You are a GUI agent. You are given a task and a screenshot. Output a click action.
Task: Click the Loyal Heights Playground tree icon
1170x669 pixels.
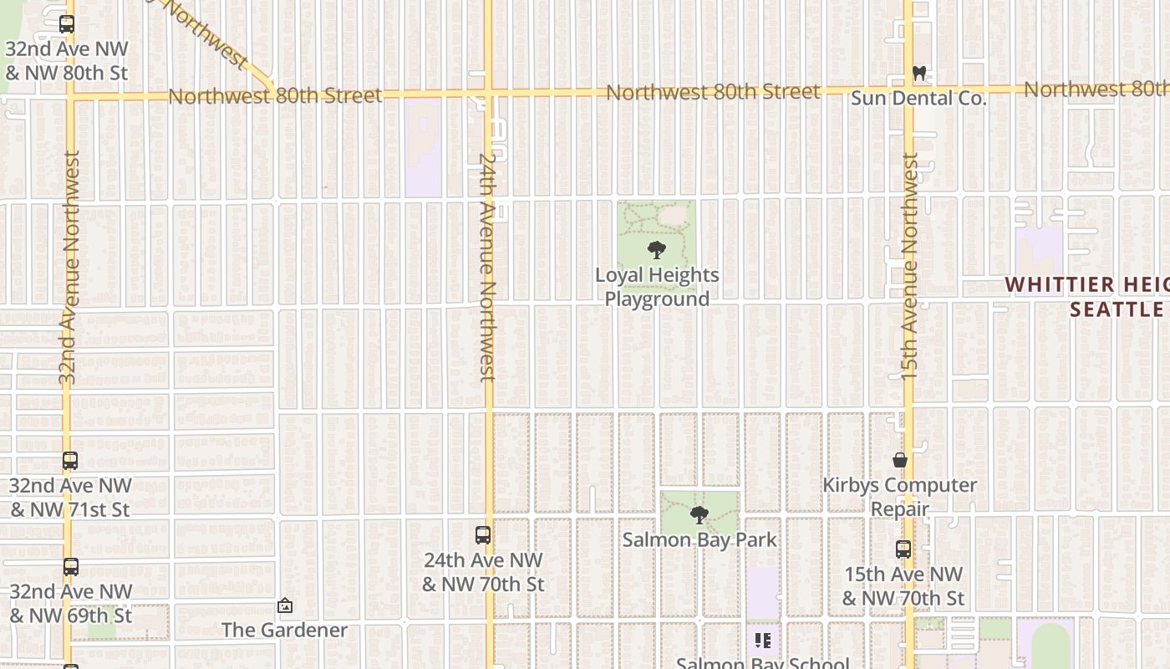click(x=657, y=249)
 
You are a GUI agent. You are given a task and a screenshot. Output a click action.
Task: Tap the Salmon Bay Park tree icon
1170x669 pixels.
click(x=699, y=515)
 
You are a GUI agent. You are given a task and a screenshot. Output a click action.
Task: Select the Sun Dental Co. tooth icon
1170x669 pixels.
click(x=919, y=74)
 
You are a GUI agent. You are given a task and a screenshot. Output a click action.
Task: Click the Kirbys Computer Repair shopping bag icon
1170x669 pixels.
click(x=900, y=460)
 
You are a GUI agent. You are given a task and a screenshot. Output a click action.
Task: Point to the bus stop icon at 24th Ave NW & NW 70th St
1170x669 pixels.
click(x=482, y=535)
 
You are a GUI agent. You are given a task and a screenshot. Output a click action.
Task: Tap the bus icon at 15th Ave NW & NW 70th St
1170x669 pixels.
click(x=903, y=549)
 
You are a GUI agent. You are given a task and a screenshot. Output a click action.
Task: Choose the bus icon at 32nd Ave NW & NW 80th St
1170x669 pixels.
click(x=67, y=25)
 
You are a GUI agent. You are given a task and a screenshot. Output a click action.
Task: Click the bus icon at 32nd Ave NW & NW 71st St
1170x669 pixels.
click(x=70, y=461)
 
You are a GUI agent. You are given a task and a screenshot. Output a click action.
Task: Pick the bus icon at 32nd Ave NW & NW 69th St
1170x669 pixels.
click(x=71, y=567)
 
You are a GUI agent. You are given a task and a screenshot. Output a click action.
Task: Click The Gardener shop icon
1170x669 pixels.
click(x=285, y=605)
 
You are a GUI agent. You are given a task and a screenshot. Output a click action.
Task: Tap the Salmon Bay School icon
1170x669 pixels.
click(x=762, y=641)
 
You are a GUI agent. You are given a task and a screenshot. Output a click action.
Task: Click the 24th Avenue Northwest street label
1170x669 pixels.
click(x=487, y=266)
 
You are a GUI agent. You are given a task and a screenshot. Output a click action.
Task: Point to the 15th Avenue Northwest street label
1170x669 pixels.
click(x=909, y=266)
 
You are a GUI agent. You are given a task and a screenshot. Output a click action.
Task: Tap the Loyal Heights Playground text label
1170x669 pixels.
click(x=657, y=287)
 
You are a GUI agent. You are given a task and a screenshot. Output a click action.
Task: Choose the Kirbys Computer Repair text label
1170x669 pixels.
click(x=900, y=497)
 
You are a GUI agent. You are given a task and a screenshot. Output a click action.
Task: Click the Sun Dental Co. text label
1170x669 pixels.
click(x=918, y=99)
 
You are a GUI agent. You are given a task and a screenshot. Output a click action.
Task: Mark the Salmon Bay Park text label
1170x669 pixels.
click(x=699, y=540)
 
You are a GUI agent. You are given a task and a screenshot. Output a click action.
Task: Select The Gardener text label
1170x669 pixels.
click(x=284, y=630)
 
